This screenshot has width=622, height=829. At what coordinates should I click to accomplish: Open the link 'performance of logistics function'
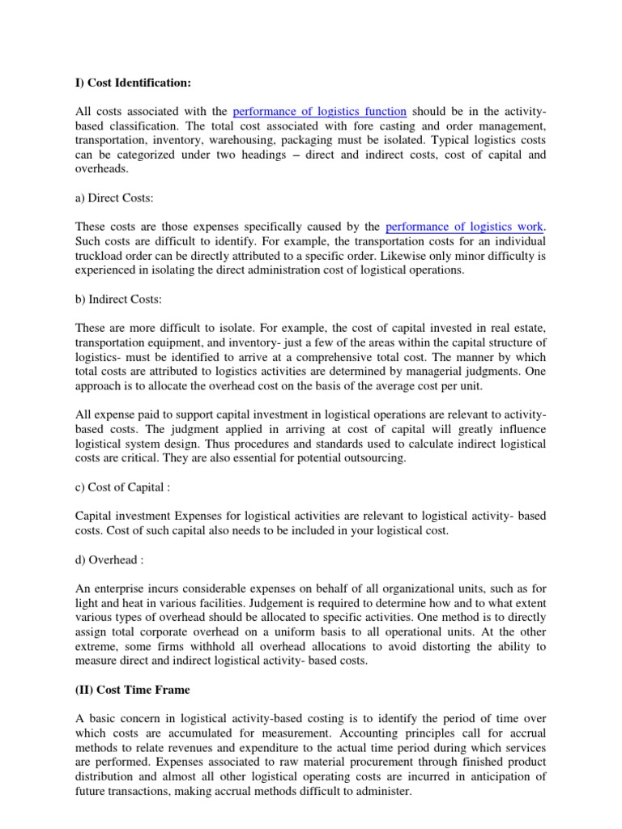coord(319,111)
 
